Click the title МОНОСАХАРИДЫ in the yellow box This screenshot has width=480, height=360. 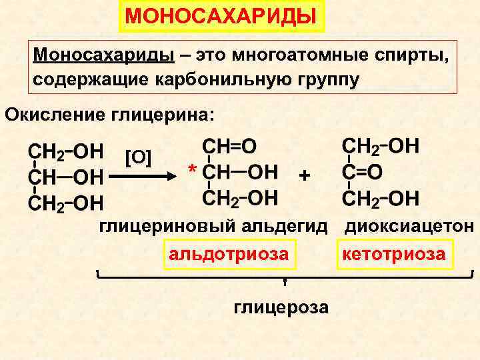click(x=221, y=15)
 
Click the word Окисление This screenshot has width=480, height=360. click(x=51, y=114)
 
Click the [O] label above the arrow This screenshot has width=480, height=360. click(x=139, y=157)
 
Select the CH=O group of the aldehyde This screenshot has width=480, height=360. click(x=229, y=147)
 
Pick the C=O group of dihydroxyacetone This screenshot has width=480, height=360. click(x=363, y=172)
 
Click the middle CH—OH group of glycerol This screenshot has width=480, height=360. click(x=65, y=177)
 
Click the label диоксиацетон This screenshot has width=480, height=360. click(x=409, y=226)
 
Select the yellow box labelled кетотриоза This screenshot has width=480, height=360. click(x=393, y=254)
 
